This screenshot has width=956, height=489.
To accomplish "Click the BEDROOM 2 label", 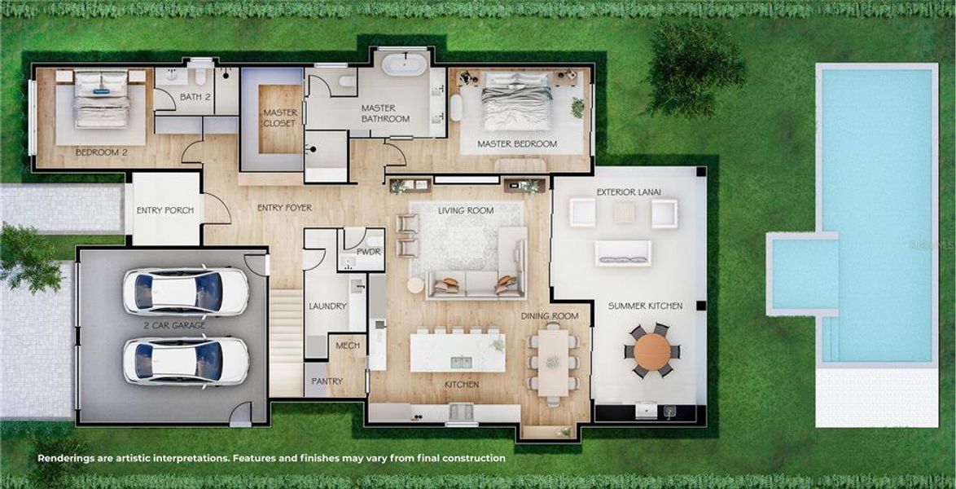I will pyautogui.click(x=102, y=152).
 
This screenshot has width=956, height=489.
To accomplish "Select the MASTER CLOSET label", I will pyautogui.click(x=280, y=117).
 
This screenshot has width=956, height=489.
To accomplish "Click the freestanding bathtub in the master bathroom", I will pyautogui.click(x=405, y=64).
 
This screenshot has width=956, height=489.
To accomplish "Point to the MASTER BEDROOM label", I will pyautogui.click(x=517, y=144).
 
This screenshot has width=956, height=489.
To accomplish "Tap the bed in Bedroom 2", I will pyautogui.click(x=101, y=99).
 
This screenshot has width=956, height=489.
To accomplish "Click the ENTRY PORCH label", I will pyautogui.click(x=165, y=210).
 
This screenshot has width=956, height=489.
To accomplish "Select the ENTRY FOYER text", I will pyautogui.click(x=284, y=208).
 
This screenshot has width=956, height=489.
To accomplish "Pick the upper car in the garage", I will pyautogui.click(x=186, y=291).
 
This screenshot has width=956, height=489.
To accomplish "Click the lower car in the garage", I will pyautogui.click(x=186, y=360).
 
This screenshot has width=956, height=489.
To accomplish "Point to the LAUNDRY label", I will pyautogui.click(x=327, y=306).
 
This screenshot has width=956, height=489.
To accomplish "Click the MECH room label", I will pyautogui.click(x=348, y=346).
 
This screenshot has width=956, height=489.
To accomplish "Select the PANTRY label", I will pyautogui.click(x=327, y=381).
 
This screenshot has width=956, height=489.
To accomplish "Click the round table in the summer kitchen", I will pyautogui.click(x=652, y=351).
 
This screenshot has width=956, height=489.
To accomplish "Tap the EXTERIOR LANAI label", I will pyautogui.click(x=629, y=192).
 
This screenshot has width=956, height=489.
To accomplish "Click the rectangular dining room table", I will pyautogui.click(x=553, y=361).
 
